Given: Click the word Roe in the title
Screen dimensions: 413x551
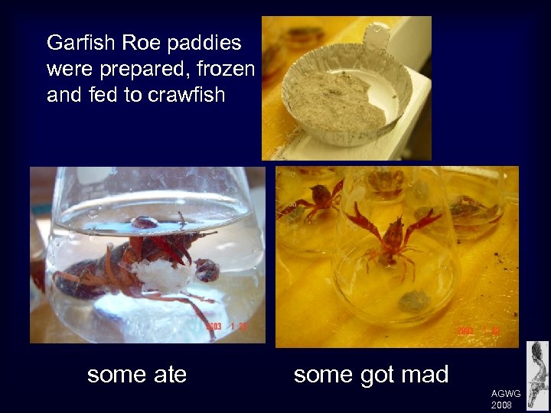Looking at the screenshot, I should click(x=132, y=43).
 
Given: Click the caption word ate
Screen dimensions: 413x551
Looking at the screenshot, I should click(x=168, y=374).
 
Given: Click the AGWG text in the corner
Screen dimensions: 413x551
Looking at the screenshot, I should click(x=506, y=393).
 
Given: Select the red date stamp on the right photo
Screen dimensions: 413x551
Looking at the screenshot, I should click(x=478, y=330).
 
